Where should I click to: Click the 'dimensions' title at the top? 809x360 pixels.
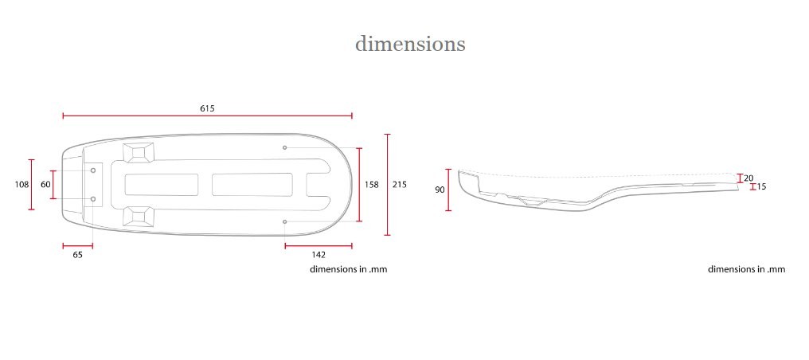tap(410, 44)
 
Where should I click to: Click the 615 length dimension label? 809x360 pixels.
tap(207, 108)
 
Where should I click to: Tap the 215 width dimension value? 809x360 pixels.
tap(400, 184)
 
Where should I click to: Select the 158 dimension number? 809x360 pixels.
tap(372, 184)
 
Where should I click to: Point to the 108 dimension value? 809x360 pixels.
tap(21, 184)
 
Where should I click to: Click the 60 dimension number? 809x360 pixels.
tap(45, 184)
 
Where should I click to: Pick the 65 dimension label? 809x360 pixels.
tap(77, 255)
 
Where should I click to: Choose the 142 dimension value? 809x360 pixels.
tap(319, 255)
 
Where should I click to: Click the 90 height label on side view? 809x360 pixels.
tap(440, 190)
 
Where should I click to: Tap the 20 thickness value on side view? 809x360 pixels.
tap(748, 178)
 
